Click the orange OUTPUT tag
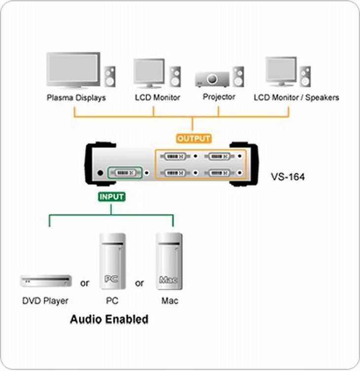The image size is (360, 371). pos(194,139)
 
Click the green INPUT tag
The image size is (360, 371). pos(111,196)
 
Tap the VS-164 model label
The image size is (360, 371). pos(288,176)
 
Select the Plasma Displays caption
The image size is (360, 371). pos(76,98)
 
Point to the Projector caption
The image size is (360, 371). pos(219,97)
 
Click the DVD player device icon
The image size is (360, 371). pos(45,281)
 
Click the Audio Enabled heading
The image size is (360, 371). pos(109,319)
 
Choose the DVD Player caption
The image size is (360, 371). pos(45,300)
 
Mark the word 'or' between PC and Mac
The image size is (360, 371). pos(140,283)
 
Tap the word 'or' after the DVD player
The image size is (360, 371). pos(85,283)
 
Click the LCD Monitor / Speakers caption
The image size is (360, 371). pos(296,98)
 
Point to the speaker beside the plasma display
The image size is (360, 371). pos(110,76)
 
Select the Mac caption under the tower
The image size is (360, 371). pos(170,300)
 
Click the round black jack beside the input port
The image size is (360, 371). pos(101,173)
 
